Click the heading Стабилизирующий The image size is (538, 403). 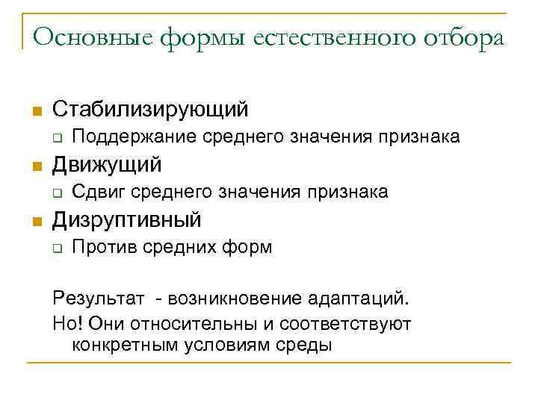tap(150, 110)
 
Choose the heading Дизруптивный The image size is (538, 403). tap(127, 219)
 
